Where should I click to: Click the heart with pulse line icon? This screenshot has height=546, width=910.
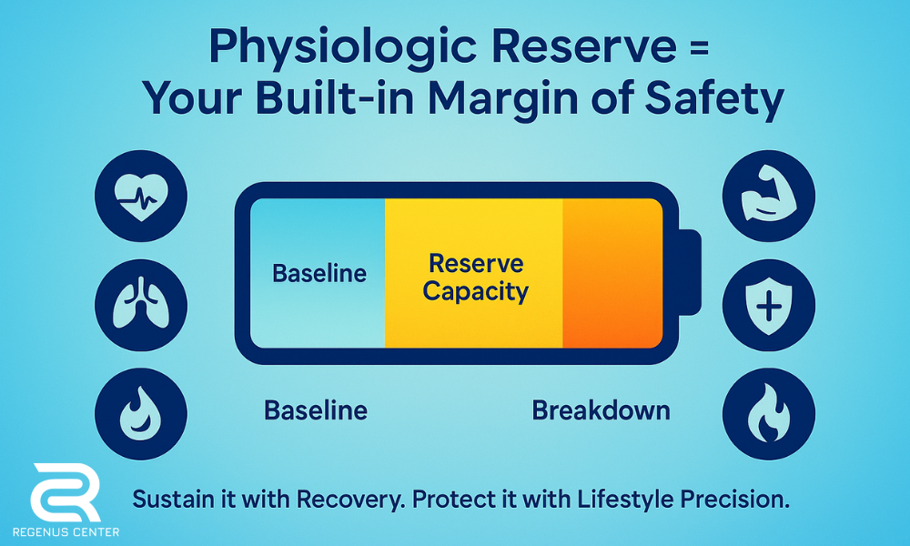(141, 196)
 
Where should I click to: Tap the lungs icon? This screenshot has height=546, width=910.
(141, 304)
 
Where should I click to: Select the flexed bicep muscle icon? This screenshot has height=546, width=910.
(768, 197)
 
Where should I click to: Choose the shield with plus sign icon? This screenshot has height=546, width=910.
(768, 305)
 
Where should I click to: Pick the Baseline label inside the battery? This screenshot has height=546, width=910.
(319, 273)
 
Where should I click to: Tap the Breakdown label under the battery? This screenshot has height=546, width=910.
(601, 410)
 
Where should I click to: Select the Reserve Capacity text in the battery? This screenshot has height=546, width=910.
(475, 278)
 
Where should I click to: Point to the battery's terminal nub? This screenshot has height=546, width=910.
(690, 273)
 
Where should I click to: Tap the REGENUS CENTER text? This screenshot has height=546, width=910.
(66, 531)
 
